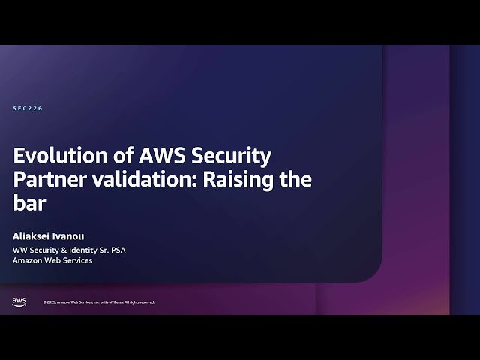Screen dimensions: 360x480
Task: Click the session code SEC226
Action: click(28, 109)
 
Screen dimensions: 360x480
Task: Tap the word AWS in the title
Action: click(163, 157)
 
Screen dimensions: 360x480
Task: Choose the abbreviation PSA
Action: click(116, 250)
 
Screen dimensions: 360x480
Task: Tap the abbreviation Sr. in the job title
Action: click(100, 250)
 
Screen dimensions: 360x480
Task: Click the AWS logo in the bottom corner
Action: click(19, 301)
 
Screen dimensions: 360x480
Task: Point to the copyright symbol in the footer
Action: click(44, 302)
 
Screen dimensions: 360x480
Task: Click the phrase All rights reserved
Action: click(139, 302)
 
